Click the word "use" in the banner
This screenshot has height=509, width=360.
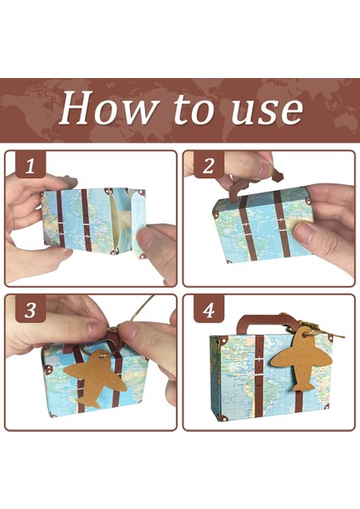click(x=267, y=109)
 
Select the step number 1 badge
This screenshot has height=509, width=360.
click(x=30, y=166)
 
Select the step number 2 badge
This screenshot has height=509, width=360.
click(x=209, y=165)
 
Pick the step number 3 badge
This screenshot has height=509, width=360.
click(x=31, y=310)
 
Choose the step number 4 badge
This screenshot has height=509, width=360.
click(x=209, y=310)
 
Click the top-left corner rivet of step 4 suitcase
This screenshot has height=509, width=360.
click(x=222, y=341)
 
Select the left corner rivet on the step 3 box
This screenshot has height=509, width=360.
click(x=49, y=369)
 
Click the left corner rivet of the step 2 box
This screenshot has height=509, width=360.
click(x=216, y=215)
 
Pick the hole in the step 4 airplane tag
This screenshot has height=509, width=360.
click(x=305, y=333)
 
